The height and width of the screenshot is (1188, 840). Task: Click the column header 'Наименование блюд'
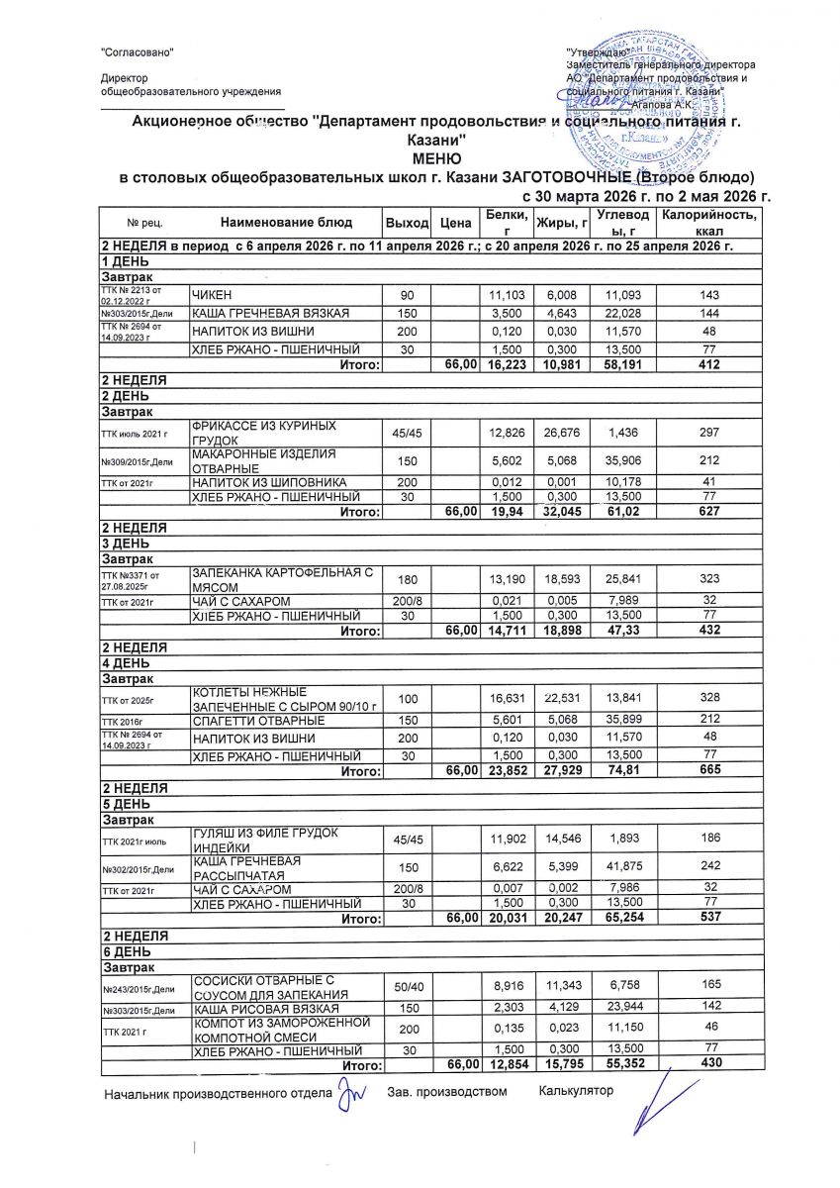285,223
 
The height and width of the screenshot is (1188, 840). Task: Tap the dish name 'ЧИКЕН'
211,297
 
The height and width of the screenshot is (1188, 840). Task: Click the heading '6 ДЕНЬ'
126,949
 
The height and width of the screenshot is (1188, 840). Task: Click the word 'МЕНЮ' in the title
430,159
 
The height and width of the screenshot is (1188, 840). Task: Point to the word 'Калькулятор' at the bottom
576,1091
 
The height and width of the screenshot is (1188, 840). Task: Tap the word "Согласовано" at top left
139,51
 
